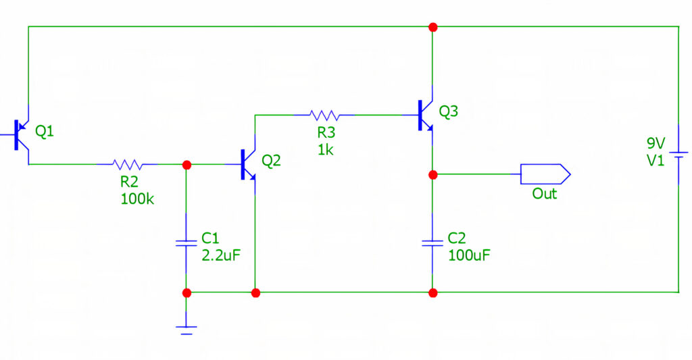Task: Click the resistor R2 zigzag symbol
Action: (x=127, y=163)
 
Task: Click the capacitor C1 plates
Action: (x=185, y=242)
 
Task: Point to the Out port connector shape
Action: (x=545, y=174)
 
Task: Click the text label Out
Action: (x=545, y=194)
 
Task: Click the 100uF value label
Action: (x=468, y=256)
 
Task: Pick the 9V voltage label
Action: (x=656, y=143)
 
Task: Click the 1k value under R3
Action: (x=325, y=150)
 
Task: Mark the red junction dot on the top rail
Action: (x=432, y=27)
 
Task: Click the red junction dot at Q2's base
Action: (x=187, y=164)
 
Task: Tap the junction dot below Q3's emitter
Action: (x=432, y=174)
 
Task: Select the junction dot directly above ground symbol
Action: (x=187, y=292)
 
